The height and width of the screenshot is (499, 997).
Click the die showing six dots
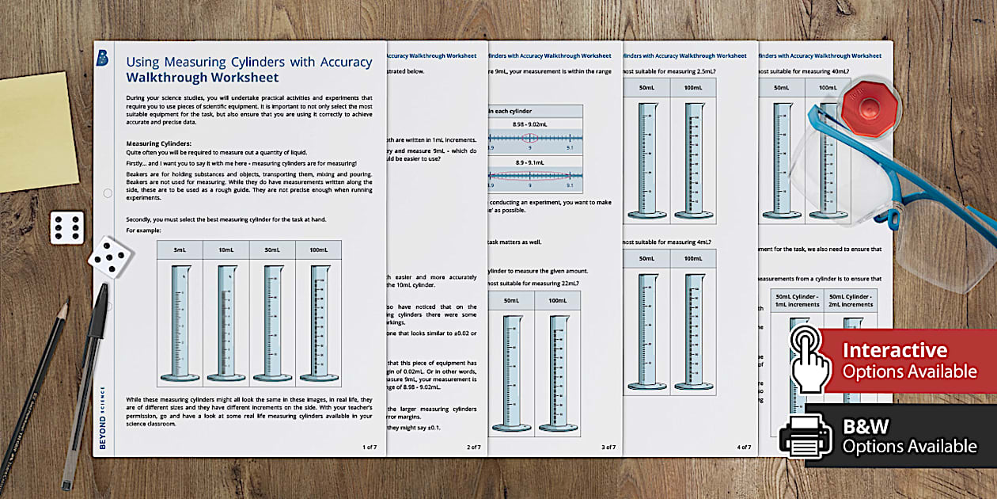click(x=66, y=227)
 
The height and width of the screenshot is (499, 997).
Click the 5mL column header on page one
click(x=180, y=249)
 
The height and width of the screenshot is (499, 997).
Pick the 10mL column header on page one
click(x=226, y=249)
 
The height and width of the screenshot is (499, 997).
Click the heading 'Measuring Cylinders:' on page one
click(x=159, y=143)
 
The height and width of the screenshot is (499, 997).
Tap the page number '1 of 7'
click(x=370, y=448)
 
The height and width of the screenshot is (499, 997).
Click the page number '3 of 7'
click(x=608, y=448)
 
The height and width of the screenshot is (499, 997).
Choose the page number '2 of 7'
click(x=473, y=448)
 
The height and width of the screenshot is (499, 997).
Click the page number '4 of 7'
click(x=744, y=448)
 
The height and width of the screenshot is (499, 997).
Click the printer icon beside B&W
click(x=806, y=436)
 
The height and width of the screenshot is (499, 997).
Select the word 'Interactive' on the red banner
click(x=894, y=350)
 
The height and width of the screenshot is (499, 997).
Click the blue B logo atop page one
click(x=102, y=57)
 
